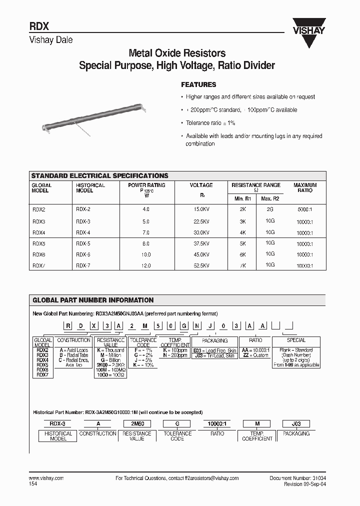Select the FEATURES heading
pyautogui.click(x=198, y=85)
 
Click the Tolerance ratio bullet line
pyautogui.click(x=210, y=123)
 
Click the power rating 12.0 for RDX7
pyautogui.click(x=146, y=266)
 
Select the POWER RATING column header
pyautogui.click(x=146, y=185)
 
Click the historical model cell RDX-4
pyautogui.click(x=83, y=232)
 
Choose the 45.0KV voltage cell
pyautogui.click(x=201, y=254)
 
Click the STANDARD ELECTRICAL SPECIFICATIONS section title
pyautogui.click(x=100, y=176)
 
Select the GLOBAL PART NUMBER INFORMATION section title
pyautogui.click(x=93, y=300)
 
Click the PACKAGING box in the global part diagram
pyautogui.click(x=213, y=340)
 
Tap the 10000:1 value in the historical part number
pyautogui.click(x=216, y=423)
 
